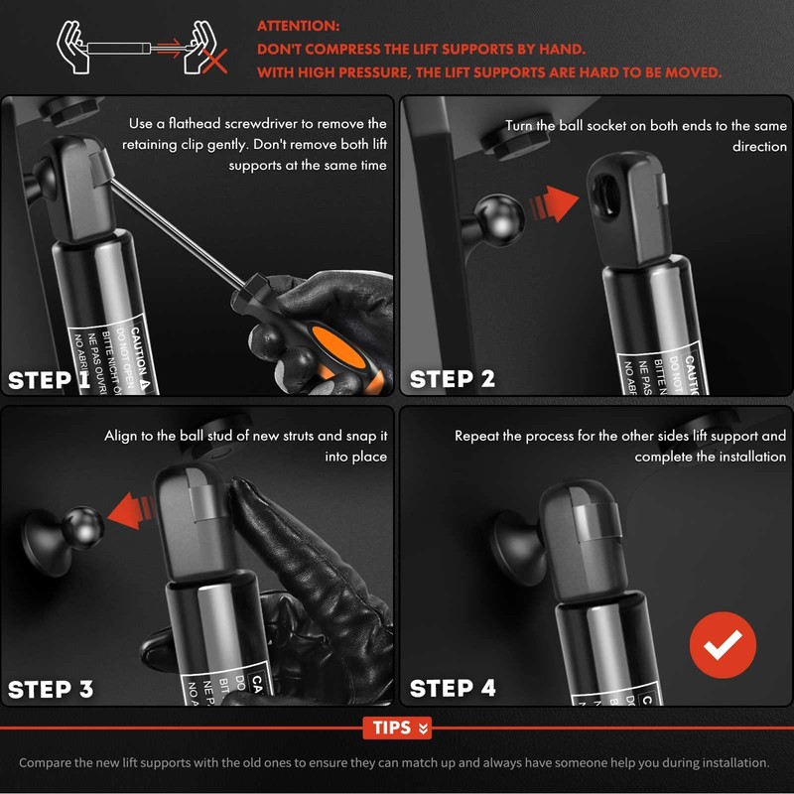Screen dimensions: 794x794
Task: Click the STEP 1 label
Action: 50,379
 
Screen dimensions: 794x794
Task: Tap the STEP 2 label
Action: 453,379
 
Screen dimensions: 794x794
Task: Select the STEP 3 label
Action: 51,689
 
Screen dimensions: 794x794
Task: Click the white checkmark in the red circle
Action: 723,645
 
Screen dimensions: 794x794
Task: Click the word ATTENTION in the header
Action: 299,26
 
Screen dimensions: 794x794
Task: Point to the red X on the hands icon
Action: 214,62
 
